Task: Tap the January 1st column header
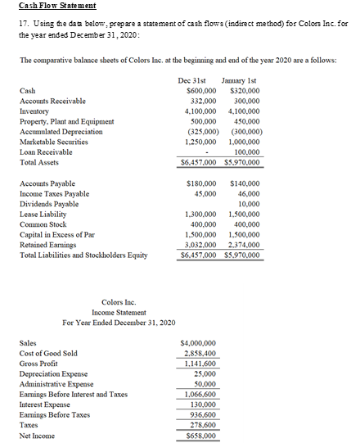[239, 79]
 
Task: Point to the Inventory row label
[34, 111]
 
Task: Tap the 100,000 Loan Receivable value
[245, 151]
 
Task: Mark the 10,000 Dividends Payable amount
[247, 203]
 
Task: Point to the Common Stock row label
[42, 224]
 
